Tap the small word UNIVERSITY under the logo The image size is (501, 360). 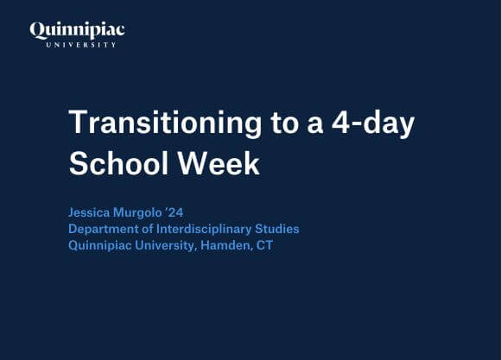coord(77,44)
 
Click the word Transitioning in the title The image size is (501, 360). coord(163,123)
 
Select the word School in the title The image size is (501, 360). coord(115,162)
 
